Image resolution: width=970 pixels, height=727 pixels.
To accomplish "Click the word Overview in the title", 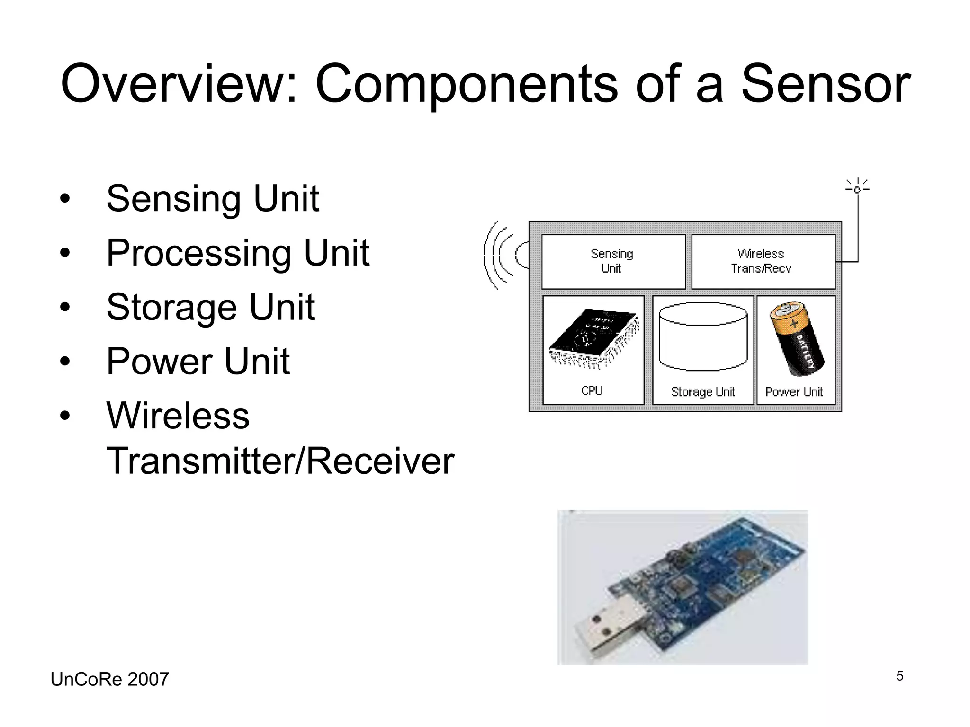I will click(x=179, y=84).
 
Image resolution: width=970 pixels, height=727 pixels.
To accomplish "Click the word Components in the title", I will click(x=466, y=84).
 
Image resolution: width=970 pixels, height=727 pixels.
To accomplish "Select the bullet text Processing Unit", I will click(x=238, y=253).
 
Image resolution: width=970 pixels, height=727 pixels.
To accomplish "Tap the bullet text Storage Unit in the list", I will click(x=211, y=307).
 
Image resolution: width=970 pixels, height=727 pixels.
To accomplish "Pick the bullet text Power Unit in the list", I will click(x=198, y=362).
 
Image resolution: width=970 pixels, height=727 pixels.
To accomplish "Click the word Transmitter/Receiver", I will click(x=280, y=461).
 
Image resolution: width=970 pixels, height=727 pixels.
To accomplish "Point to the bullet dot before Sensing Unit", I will click(x=65, y=198).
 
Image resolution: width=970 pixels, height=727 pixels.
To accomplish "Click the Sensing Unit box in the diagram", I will click(x=612, y=261).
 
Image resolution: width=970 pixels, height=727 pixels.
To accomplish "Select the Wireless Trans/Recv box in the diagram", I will click(x=762, y=261).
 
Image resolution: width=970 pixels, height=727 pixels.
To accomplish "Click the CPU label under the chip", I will click(x=592, y=391).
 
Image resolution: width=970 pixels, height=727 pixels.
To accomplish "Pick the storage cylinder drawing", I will click(x=703, y=337).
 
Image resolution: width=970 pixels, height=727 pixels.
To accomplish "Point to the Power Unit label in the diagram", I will click(x=794, y=392).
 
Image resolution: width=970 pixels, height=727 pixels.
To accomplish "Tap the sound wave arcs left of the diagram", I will click(x=500, y=255).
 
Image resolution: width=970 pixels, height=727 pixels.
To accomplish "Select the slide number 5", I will click(x=899, y=676).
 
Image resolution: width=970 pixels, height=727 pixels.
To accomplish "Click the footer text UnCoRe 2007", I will click(x=109, y=679).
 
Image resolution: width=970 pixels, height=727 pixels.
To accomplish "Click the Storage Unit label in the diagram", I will click(x=703, y=392).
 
